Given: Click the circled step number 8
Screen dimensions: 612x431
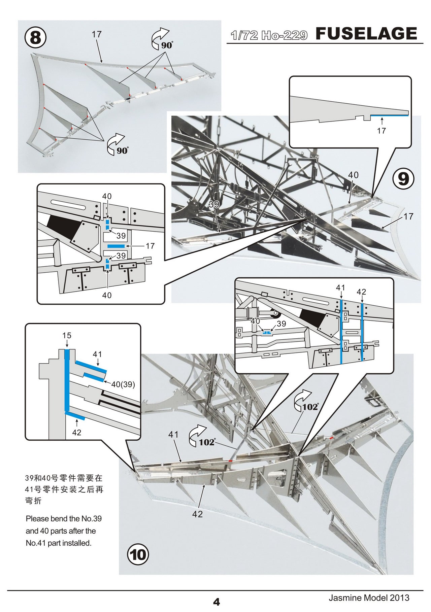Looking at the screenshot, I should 35,38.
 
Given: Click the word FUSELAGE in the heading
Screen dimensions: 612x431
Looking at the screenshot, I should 366,34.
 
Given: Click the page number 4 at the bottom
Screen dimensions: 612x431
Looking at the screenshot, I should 216,601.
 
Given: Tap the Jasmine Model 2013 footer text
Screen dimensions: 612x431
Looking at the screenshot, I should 369,598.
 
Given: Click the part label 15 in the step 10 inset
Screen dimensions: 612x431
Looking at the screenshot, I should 67,336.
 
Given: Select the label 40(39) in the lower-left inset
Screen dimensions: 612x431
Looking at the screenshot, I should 123,384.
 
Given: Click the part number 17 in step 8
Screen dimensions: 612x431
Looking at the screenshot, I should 96,34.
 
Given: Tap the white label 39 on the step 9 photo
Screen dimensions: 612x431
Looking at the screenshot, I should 214,204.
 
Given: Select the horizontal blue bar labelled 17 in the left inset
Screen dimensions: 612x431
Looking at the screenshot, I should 116,246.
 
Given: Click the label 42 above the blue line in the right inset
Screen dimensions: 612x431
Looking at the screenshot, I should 361,292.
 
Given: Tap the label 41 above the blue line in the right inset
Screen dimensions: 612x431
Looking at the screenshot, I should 340,288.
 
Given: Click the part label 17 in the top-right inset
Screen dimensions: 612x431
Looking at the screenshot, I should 381,131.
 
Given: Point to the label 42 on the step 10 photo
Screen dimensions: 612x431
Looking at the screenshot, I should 198,514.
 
